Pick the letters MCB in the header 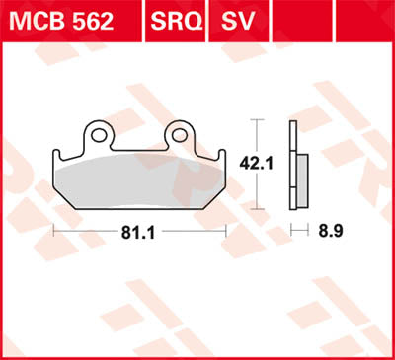[x=39, y=19]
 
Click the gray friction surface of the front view [x=138, y=182]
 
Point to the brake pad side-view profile [x=294, y=166]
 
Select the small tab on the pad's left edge [x=55, y=156]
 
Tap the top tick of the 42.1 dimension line [x=259, y=120]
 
